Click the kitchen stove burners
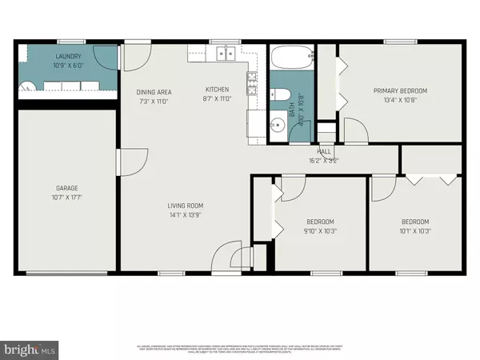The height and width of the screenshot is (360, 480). pos(252,81)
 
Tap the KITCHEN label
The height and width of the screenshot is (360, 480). pos(218,90)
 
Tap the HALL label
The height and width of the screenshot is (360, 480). pos(324,151)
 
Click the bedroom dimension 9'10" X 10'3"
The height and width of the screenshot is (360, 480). pos(320,230)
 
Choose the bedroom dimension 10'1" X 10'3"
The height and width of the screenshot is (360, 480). pos(414,230)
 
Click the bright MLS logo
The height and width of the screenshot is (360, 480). pos(32,350)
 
